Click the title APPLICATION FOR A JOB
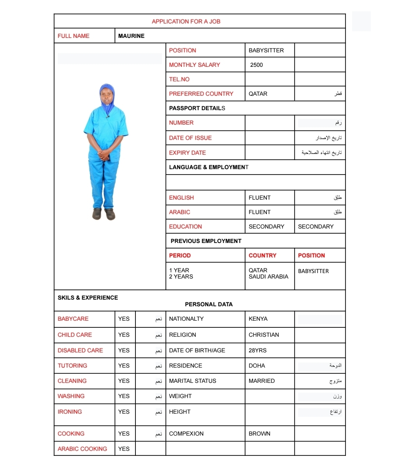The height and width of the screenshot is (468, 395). [x=186, y=21]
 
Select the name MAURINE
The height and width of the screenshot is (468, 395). [x=131, y=36]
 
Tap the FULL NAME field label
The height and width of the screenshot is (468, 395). [x=73, y=36]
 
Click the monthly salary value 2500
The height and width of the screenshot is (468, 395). [x=256, y=65]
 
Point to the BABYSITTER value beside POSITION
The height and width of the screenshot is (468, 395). [x=266, y=50]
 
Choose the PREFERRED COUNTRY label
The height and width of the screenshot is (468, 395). [x=201, y=94]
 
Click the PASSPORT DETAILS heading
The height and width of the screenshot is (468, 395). [x=197, y=108]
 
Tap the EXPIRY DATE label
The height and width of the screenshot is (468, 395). [x=187, y=153]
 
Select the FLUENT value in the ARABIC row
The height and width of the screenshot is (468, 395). [x=260, y=212]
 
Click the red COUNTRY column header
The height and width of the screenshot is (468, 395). [x=262, y=255]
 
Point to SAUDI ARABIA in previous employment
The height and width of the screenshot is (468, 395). [x=269, y=277]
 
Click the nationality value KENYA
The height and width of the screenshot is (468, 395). [x=258, y=319]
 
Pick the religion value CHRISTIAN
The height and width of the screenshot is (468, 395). [x=264, y=335]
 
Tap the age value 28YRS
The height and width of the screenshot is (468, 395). [x=258, y=350]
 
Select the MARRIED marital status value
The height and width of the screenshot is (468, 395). [x=262, y=381]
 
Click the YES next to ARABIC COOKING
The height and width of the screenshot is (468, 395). [x=124, y=449]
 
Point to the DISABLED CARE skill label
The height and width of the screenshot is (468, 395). [x=80, y=350]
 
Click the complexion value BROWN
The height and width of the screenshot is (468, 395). [x=260, y=434]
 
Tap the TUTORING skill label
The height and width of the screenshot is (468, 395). [x=73, y=366]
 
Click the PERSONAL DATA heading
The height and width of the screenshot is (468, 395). [x=209, y=304]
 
